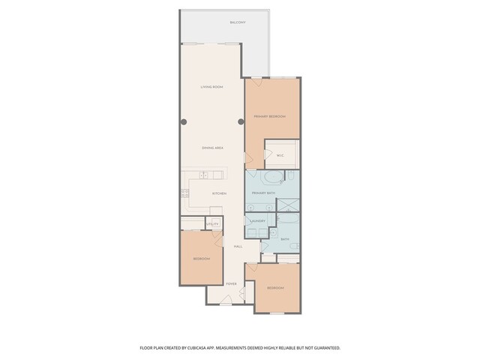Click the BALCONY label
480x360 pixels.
tap(239, 22)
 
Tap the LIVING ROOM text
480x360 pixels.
tap(212, 87)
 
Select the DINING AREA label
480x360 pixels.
tap(212, 148)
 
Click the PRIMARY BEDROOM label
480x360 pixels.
tap(270, 116)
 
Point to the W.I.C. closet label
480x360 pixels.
tap(280, 155)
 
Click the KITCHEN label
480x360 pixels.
tap(219, 193)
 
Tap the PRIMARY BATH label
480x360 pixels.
tap(264, 193)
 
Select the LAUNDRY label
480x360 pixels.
tap(258, 220)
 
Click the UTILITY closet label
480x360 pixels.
tap(213, 223)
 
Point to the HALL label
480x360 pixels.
tap(238, 246)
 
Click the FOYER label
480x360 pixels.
tap(232, 283)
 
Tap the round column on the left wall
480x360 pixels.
tap(182, 121)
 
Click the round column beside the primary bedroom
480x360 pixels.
tap(241, 121)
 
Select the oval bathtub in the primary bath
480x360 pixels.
tap(272, 178)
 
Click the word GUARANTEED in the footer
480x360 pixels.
tap(323, 348)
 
